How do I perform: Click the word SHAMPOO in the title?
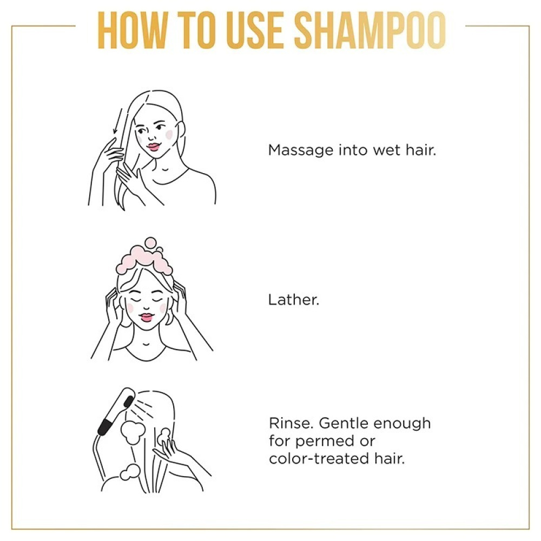click(x=370, y=30)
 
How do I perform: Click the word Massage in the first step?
click(x=301, y=151)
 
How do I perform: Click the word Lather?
click(x=294, y=300)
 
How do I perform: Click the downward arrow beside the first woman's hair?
click(x=117, y=121)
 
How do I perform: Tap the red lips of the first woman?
click(x=153, y=147)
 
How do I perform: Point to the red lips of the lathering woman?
click(x=146, y=317)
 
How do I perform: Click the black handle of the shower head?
click(x=105, y=427)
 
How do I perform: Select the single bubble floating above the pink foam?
click(x=150, y=242)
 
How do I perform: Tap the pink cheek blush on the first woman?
click(x=169, y=134)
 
